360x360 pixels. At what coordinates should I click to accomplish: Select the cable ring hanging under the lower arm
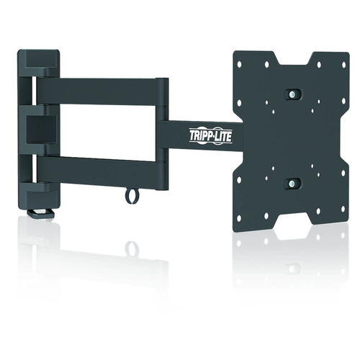click(130, 194)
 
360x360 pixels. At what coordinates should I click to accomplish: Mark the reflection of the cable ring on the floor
click(132, 248)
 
